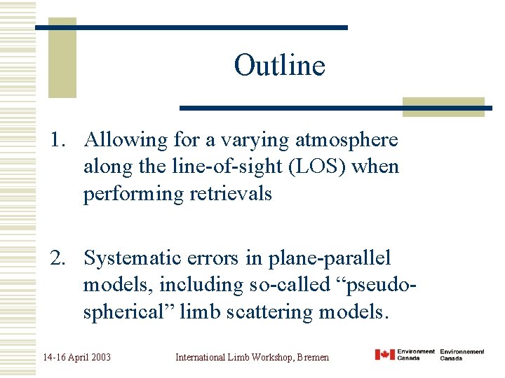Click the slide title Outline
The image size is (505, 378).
click(279, 65)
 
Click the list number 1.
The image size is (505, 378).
click(57, 141)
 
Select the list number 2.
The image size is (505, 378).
click(57, 258)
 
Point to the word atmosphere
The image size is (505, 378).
click(346, 141)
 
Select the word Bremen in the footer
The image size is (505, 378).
click(313, 357)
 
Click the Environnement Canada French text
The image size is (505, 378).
click(462, 355)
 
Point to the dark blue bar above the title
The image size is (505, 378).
click(191, 27)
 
